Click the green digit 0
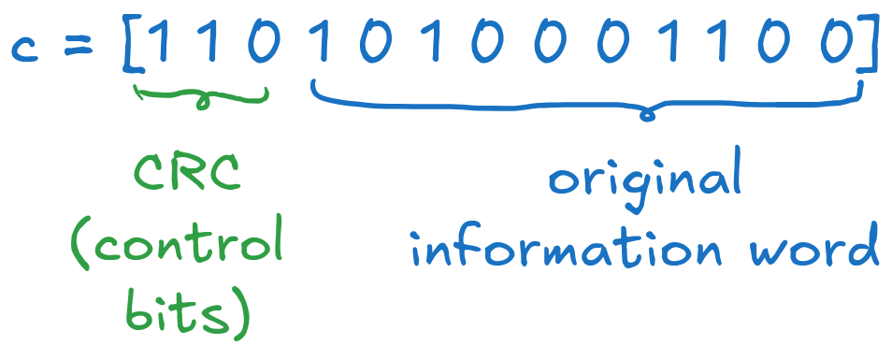pos(264,43)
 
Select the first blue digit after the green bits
pos(322,43)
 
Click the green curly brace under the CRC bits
pos(201,96)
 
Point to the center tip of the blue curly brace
pos(644,116)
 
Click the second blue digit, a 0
pos(372,43)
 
